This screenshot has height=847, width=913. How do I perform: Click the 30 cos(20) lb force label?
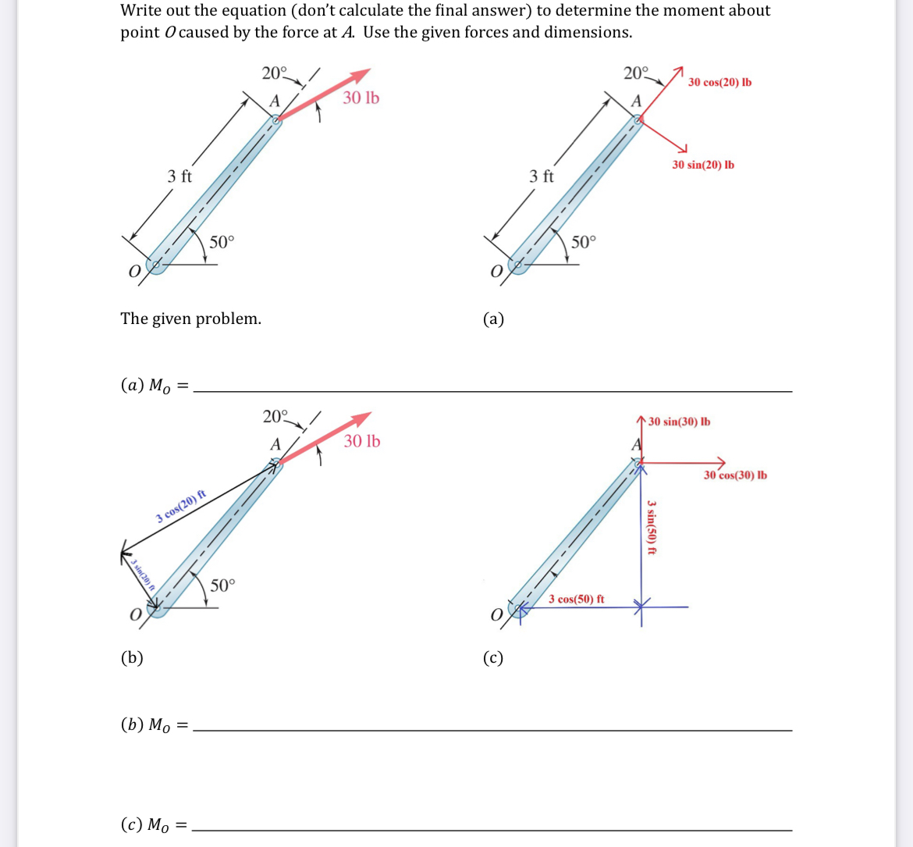(x=719, y=83)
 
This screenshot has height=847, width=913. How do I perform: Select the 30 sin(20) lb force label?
(x=702, y=165)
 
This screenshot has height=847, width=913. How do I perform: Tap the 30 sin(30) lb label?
(x=679, y=422)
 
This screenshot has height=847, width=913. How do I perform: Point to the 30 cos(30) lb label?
(x=734, y=475)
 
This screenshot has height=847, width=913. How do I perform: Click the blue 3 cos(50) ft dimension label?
(x=576, y=599)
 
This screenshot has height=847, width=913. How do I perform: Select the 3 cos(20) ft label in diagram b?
(x=180, y=506)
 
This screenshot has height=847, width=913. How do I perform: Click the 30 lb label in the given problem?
(x=361, y=98)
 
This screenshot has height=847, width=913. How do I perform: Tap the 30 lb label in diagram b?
(x=361, y=441)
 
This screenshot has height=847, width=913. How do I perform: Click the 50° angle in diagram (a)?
(x=583, y=241)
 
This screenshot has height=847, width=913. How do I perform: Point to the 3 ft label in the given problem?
(x=179, y=176)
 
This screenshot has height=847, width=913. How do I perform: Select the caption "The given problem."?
(x=190, y=319)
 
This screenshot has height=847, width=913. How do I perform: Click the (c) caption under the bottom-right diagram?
(x=493, y=657)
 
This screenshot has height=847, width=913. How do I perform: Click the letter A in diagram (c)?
(x=636, y=445)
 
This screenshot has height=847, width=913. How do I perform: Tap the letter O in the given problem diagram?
(x=134, y=271)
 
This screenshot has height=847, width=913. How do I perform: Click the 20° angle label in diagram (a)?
(x=635, y=73)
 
